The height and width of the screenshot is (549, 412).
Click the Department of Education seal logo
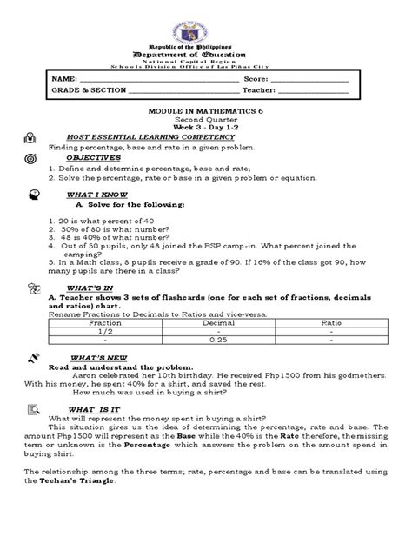pos(206,21)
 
